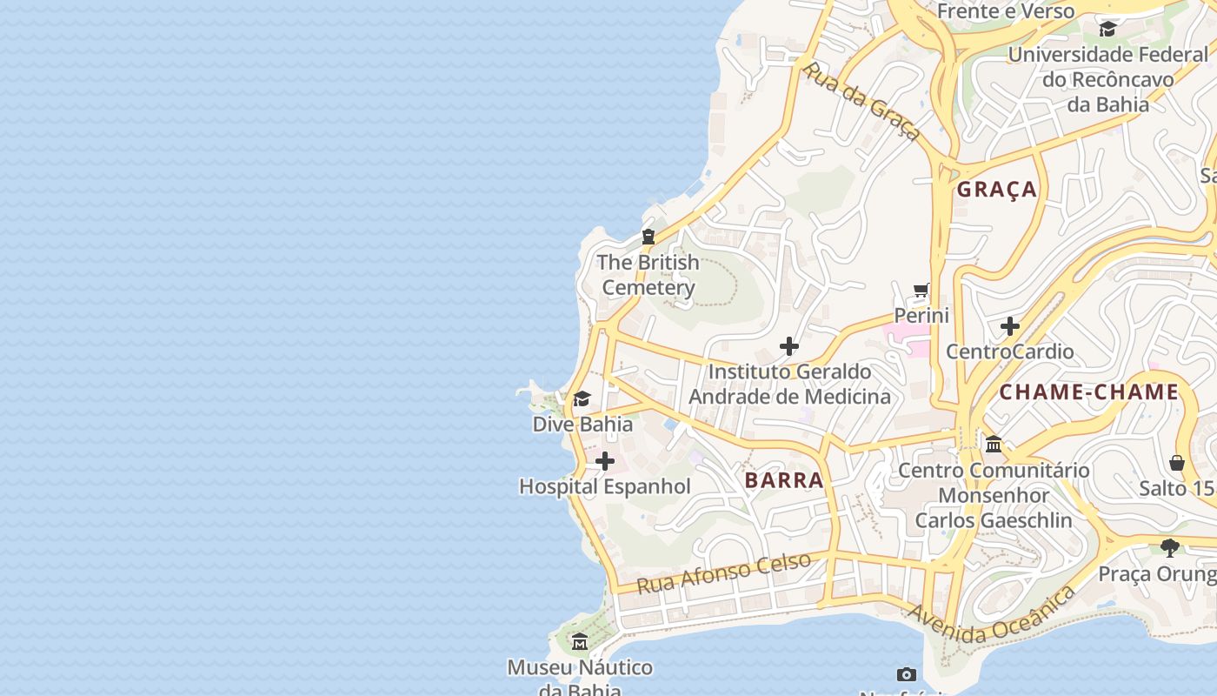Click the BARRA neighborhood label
click(x=783, y=480)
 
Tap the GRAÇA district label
click(x=997, y=190)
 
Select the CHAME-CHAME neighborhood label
click(x=1088, y=392)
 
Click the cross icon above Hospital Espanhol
click(x=605, y=461)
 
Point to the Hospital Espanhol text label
click(x=605, y=487)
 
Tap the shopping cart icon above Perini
click(x=921, y=290)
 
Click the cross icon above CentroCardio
click(x=1009, y=326)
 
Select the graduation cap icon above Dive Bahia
click(x=582, y=399)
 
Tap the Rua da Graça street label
click(x=861, y=101)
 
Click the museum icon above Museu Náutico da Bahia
click(x=580, y=642)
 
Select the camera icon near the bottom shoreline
click(x=906, y=674)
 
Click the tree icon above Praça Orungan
click(x=1170, y=548)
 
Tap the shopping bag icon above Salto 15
click(x=1177, y=462)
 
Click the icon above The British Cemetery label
click(x=648, y=237)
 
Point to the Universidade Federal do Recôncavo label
click(x=1107, y=79)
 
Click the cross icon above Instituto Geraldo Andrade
click(x=788, y=346)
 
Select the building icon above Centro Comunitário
click(x=994, y=445)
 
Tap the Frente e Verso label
click(x=1006, y=11)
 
